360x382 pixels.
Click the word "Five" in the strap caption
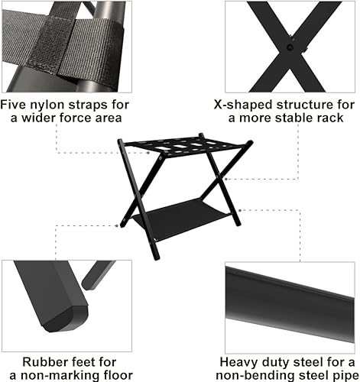tap(17, 105)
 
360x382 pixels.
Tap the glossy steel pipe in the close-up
tap(290, 294)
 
